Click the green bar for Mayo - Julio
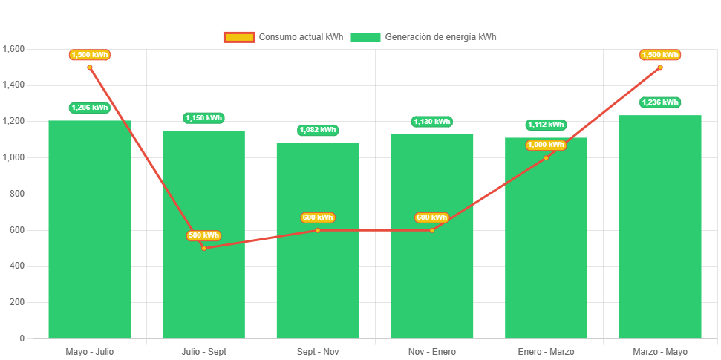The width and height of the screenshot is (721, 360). point(90,230)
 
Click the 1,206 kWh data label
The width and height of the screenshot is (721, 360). point(90,108)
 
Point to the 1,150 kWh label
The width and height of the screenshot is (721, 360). point(203,118)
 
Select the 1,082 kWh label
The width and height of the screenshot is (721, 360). point(318,130)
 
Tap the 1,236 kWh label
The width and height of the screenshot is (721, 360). point(660,102)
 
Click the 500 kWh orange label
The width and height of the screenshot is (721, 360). point(203,235)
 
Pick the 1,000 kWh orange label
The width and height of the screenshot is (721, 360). point(546,145)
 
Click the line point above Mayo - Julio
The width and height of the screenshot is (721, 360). point(90,68)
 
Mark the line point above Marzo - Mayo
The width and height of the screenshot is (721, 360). point(660,68)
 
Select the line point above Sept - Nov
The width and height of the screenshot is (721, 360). point(318,230)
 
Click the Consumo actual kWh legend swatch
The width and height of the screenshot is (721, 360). point(239,37)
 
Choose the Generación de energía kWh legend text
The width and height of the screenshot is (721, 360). point(441,37)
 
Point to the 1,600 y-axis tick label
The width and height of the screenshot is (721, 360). point(14,49)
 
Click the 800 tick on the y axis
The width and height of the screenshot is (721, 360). point(17,194)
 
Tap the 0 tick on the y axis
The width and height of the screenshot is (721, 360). point(22,338)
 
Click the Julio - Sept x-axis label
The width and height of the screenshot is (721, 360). point(203,352)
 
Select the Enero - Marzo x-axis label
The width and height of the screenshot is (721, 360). point(546,352)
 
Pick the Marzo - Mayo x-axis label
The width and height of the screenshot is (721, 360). point(660,352)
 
